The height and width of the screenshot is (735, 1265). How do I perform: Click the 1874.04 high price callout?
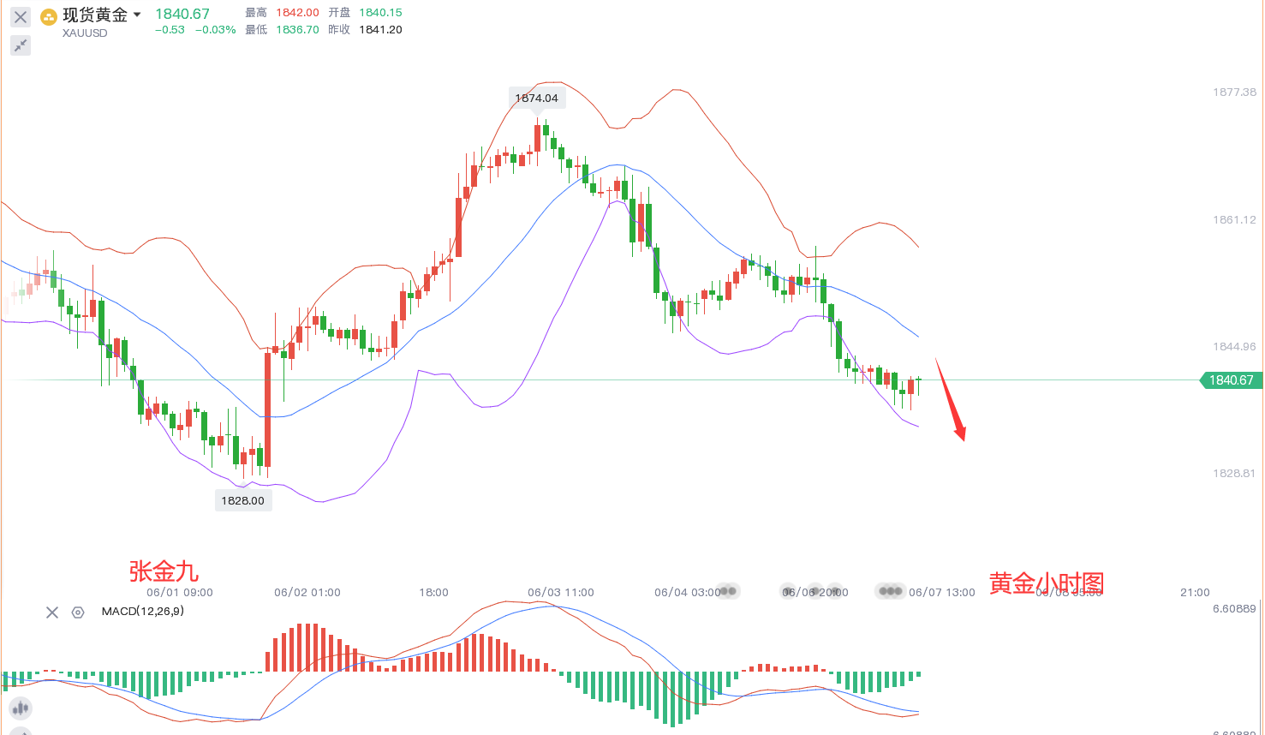pyautogui.click(x=536, y=99)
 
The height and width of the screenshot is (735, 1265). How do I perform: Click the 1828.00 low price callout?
pyautogui.click(x=243, y=500)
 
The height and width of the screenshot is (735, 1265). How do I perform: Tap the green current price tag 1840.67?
pyautogui.click(x=1231, y=380)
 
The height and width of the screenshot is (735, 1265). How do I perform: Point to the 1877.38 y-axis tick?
pyautogui.click(x=1234, y=93)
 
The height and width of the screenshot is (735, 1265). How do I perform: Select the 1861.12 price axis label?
pyautogui.click(x=1234, y=220)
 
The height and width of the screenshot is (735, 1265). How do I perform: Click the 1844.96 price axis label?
pyautogui.click(x=1234, y=347)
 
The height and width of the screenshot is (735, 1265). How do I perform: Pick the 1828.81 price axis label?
pyautogui.click(x=1234, y=474)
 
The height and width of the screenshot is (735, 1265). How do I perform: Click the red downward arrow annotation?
pyautogui.click(x=951, y=400)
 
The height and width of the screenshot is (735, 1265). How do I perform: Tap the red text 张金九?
pyautogui.click(x=164, y=571)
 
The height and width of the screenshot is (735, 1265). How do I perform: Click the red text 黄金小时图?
pyautogui.click(x=1046, y=583)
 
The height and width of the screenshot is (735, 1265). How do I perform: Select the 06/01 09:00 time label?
pyautogui.click(x=180, y=593)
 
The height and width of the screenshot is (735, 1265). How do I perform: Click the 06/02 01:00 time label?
pyautogui.click(x=307, y=593)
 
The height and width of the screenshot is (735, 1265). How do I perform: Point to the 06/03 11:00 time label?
pyautogui.click(x=561, y=593)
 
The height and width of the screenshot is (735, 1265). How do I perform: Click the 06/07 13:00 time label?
pyautogui.click(x=942, y=593)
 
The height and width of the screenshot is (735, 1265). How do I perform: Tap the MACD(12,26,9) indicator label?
pyautogui.click(x=142, y=612)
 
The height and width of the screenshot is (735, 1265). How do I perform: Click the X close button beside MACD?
pyautogui.click(x=52, y=612)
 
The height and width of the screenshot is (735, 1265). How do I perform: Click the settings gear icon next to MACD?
pyautogui.click(x=78, y=612)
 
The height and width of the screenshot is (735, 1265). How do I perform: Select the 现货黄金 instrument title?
pyautogui.click(x=95, y=15)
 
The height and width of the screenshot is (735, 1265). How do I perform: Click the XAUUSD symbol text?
pyautogui.click(x=85, y=33)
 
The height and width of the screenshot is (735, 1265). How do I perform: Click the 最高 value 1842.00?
pyautogui.click(x=297, y=13)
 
